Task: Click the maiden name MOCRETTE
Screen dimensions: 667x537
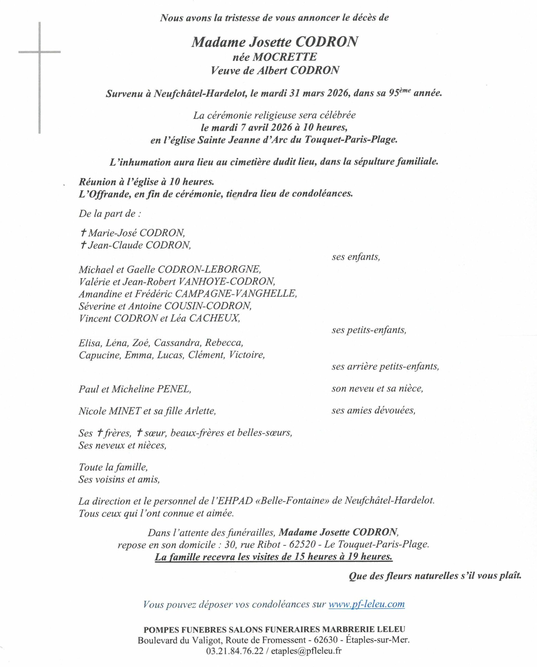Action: click(x=285, y=57)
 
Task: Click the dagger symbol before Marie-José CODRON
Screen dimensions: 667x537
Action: click(x=83, y=232)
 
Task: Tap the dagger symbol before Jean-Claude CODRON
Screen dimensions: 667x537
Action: click(x=83, y=245)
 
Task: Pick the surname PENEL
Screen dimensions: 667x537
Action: click(x=174, y=389)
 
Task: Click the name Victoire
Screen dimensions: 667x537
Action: click(x=247, y=355)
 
